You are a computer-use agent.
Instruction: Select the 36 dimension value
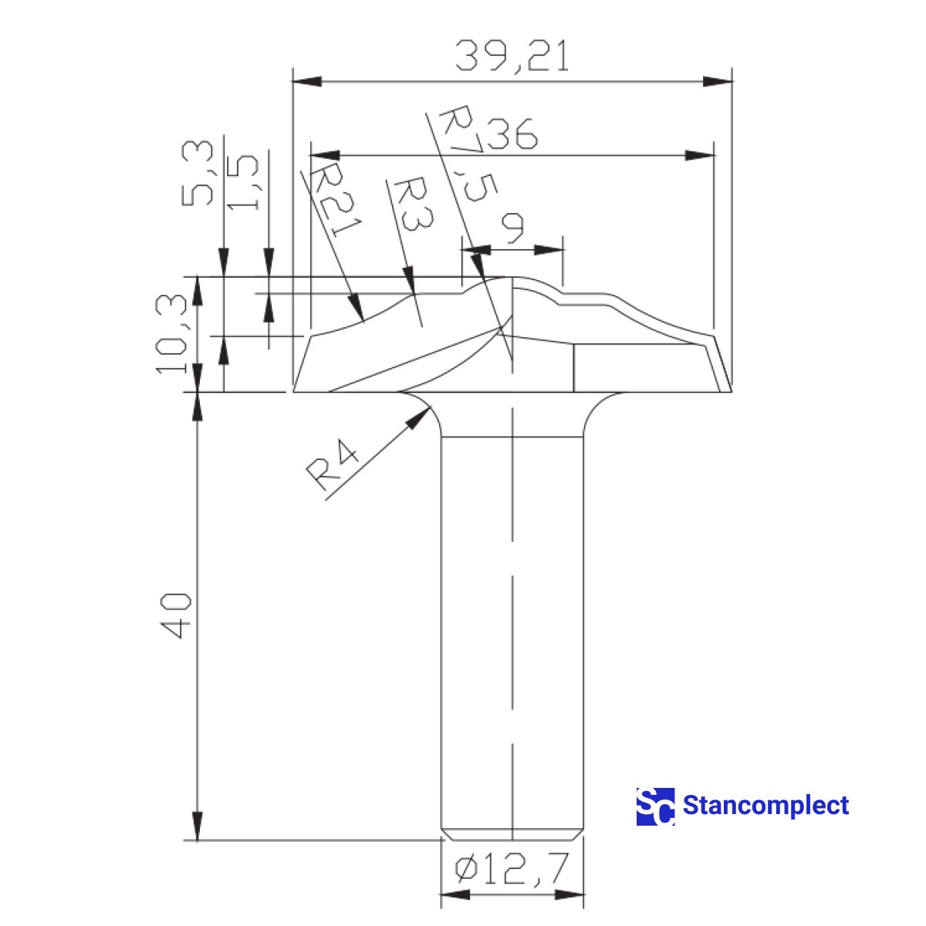pos(512,133)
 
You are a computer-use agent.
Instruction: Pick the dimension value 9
pos(513,228)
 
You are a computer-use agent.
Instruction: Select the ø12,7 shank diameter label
pos(512,870)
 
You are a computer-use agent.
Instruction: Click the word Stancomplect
pos(765,806)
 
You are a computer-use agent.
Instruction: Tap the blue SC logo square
pos(655,806)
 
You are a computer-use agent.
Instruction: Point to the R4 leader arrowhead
pos(419,417)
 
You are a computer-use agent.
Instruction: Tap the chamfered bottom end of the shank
pos(512,834)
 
